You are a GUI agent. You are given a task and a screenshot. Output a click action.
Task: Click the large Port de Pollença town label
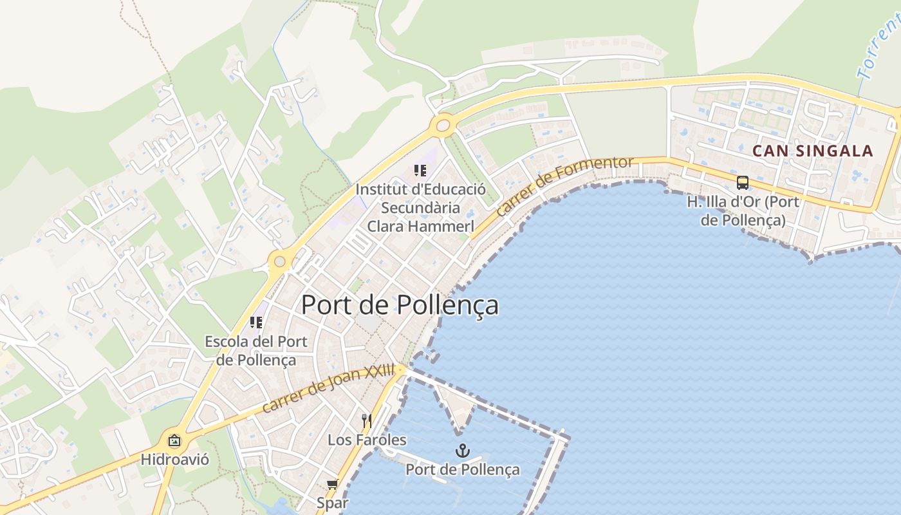400,304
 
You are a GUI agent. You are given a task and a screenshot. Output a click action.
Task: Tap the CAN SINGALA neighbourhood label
812,151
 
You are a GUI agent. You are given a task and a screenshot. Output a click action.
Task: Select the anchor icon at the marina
461,450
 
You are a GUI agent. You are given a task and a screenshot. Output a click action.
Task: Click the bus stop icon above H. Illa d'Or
742,182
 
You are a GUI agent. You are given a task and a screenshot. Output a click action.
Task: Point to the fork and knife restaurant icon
366,421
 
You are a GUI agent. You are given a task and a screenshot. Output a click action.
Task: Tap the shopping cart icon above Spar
332,484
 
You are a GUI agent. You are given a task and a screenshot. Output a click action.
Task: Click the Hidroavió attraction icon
174,441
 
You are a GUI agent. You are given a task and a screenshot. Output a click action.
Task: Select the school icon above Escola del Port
255,322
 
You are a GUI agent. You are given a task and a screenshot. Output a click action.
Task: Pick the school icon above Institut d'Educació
420,171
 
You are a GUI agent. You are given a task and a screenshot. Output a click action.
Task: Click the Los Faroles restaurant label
367,440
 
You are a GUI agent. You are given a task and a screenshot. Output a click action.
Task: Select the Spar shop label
332,502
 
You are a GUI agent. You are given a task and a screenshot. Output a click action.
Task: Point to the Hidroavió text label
174,460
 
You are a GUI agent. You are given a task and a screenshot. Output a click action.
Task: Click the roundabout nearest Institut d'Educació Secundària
443,126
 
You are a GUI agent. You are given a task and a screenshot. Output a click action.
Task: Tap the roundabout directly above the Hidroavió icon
279,261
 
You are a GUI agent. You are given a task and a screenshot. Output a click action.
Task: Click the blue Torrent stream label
879,45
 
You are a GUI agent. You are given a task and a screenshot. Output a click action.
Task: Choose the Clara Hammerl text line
420,226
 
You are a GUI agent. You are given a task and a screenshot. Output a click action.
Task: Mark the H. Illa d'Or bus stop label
743,211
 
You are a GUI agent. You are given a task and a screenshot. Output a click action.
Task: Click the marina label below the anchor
462,469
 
